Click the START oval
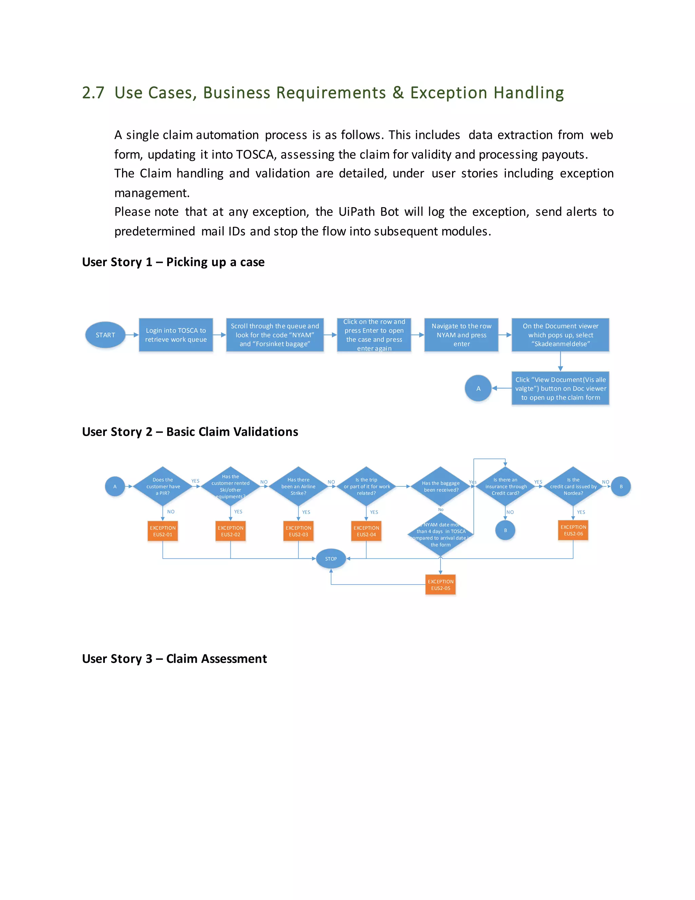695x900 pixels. coord(106,335)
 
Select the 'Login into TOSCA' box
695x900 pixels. coord(176,335)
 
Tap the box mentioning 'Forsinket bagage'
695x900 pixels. coord(275,335)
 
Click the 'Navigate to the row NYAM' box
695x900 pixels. coord(461,335)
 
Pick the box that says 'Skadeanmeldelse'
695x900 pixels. coord(560,335)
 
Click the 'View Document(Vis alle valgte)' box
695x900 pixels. coord(560,388)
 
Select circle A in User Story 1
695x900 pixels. coord(478,388)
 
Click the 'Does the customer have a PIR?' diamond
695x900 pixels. coord(163,486)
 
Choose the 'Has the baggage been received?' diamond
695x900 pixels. coord(440,486)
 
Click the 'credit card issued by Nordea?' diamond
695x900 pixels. coord(573,486)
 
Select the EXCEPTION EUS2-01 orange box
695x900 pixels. coord(163,531)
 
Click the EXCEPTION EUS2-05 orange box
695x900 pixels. coord(440,585)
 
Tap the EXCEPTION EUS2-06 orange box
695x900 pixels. coord(573,530)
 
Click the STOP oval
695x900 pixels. coord(331,559)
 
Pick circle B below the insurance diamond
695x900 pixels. coord(505,530)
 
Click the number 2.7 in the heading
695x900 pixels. coord(93,93)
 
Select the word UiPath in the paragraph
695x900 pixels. coord(356,212)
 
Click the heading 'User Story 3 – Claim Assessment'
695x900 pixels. coord(174,659)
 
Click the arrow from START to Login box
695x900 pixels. coord(132,335)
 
